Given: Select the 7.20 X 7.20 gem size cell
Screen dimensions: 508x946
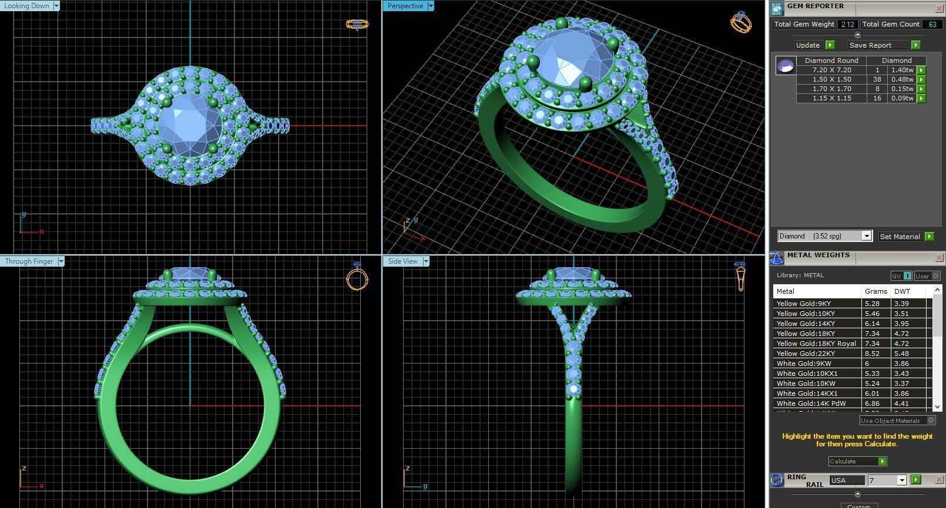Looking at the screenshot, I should click(831, 70).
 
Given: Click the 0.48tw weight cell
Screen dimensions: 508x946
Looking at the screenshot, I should click(902, 79).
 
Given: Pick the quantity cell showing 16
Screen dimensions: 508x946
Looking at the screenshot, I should click(877, 98).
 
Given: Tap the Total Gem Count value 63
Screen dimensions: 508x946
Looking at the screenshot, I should click(932, 24).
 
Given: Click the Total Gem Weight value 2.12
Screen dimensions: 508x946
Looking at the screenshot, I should click(847, 24).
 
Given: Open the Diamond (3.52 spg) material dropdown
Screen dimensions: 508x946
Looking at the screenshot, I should click(866, 236).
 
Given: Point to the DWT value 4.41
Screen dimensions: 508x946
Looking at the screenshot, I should click(901, 403).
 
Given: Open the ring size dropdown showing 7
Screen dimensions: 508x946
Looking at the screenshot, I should click(901, 480).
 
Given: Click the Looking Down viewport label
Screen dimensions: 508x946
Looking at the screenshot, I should click(27, 6).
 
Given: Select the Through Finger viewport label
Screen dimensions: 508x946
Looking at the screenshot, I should click(29, 261).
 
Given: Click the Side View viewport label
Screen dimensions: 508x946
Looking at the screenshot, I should click(403, 261).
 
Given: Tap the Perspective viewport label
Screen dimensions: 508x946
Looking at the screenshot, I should click(405, 6).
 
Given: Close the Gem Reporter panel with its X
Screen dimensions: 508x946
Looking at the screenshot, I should click(939, 8).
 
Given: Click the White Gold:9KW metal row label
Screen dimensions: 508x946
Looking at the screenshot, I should click(804, 364).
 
